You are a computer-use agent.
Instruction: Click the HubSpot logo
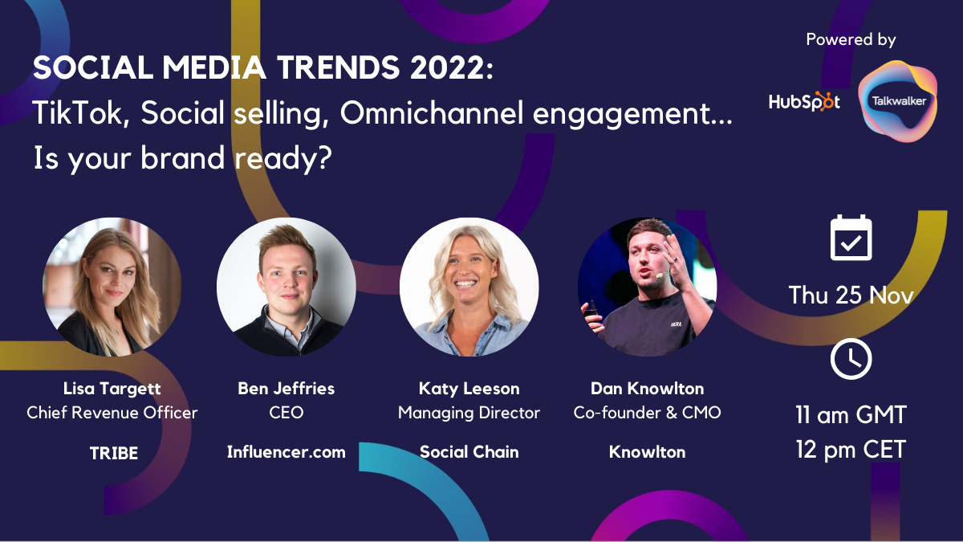click(x=804, y=102)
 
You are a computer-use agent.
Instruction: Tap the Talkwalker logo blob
click(x=898, y=101)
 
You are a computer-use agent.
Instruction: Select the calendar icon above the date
click(x=851, y=238)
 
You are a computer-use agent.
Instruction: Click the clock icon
click(x=851, y=359)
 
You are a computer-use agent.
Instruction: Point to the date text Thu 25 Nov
click(x=851, y=295)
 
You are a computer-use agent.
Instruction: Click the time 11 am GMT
click(x=851, y=414)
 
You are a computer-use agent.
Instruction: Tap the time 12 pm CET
click(x=851, y=450)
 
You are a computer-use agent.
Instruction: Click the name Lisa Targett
click(x=112, y=389)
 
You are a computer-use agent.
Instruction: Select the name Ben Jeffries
click(x=286, y=389)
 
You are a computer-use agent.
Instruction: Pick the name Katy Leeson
click(x=469, y=389)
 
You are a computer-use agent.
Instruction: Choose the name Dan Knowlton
click(x=647, y=389)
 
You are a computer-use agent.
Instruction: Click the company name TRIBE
click(x=113, y=453)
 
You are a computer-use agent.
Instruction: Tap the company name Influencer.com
click(x=286, y=452)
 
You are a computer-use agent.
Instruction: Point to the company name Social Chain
click(x=469, y=452)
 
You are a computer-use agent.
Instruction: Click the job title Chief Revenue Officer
click(x=112, y=413)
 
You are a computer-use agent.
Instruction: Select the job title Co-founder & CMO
click(x=647, y=413)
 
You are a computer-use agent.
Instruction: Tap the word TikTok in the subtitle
click(x=77, y=113)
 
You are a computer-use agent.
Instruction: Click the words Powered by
click(x=851, y=39)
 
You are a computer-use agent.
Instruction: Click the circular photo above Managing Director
click(x=469, y=287)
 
